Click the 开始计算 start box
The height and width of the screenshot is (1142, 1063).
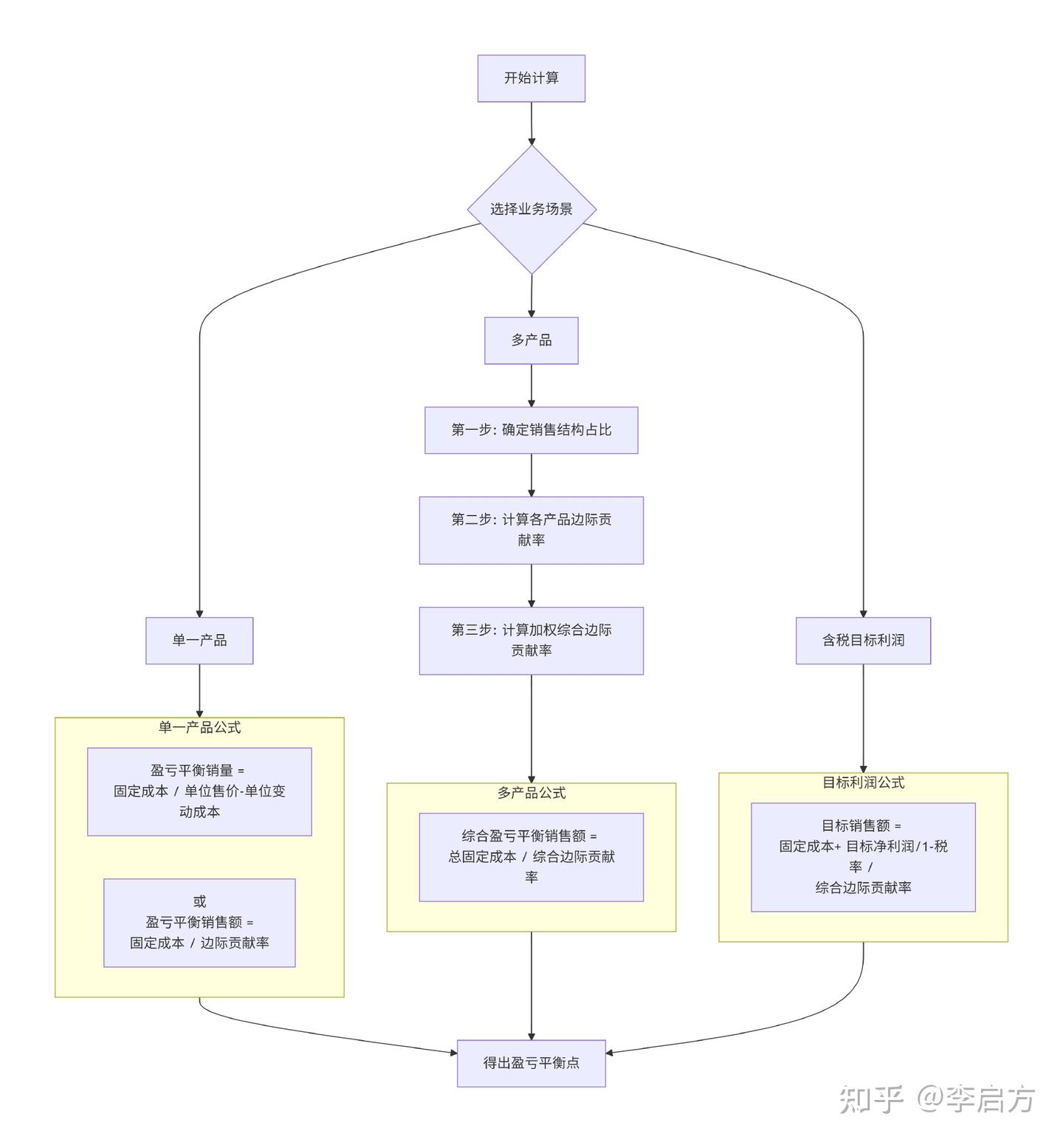[x=531, y=78]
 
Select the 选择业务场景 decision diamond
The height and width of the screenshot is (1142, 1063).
[x=531, y=209]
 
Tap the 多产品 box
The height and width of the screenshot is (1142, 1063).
[x=531, y=340]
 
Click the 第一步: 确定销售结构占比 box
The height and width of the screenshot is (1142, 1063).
[x=531, y=430]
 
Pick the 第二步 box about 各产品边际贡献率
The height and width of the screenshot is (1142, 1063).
[x=531, y=530]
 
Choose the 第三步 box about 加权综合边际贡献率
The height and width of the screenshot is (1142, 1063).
[x=531, y=640]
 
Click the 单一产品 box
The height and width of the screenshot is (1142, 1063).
[x=199, y=640]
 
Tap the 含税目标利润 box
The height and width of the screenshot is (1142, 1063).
[x=863, y=640]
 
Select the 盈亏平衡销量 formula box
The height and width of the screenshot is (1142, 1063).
[x=199, y=791]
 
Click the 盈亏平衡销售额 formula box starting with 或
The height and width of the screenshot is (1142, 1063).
[x=199, y=923]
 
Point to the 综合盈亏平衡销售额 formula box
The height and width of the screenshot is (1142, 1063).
[x=531, y=857]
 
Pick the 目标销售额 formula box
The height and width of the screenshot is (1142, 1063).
[x=863, y=857]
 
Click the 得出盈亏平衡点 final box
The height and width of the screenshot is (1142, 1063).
[x=531, y=1063]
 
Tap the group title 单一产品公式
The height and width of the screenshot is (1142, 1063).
[x=199, y=728]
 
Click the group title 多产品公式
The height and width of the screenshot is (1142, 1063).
[x=531, y=793]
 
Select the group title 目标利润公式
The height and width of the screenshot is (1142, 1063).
[x=863, y=782]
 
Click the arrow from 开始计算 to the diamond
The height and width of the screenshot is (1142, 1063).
[x=531, y=123]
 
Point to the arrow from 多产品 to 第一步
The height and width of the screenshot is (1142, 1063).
[x=531, y=385]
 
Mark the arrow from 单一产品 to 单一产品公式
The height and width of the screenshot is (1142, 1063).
[x=199, y=690]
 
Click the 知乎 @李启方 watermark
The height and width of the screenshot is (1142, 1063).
[x=937, y=1099]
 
